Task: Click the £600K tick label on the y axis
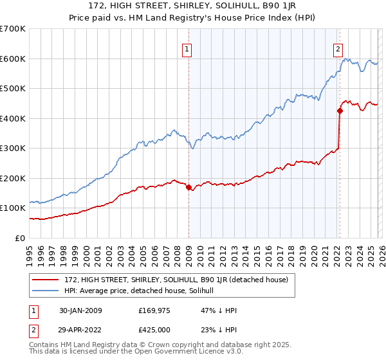click(13, 59)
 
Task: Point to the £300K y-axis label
click(13, 148)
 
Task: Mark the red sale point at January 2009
click(188, 187)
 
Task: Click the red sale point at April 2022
click(339, 111)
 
